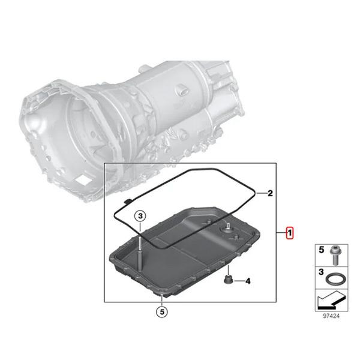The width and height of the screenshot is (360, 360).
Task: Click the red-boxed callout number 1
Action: point(290,233)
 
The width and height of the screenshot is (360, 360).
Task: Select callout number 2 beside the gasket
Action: point(270,193)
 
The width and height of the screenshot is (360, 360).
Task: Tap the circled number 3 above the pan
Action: point(139,216)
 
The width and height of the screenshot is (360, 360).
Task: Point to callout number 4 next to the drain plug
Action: point(248,280)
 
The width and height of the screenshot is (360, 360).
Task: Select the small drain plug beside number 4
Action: point(227,280)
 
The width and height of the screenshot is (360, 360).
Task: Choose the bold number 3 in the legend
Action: point(320,272)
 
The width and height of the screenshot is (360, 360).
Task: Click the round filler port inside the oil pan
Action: point(228,229)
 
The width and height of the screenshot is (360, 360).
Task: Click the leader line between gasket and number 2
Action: point(259,193)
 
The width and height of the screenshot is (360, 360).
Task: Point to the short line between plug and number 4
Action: point(238,280)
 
